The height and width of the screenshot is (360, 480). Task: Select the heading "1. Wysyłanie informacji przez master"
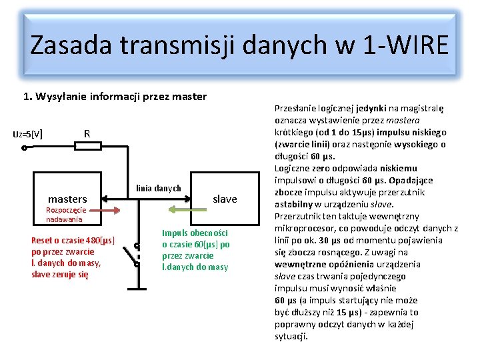point(115,97)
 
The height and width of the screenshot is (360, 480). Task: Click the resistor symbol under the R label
point(87,146)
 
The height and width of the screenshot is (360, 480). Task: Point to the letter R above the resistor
point(87,133)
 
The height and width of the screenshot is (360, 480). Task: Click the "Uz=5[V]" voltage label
point(29,133)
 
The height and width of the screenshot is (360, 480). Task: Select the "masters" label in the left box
point(67,199)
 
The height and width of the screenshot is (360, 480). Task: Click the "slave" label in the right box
point(225,199)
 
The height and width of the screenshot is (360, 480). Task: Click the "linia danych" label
point(159,188)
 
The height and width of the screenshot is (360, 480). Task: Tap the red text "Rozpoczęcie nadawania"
point(65,214)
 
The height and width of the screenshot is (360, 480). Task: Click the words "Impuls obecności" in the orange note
point(195,233)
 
